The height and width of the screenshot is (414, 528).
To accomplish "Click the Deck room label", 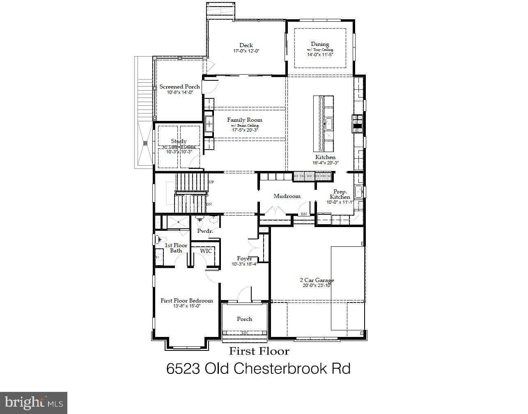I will point(246,45).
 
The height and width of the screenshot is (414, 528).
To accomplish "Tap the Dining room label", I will point(320,44).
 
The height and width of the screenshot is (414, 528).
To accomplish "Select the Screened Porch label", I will point(180,86).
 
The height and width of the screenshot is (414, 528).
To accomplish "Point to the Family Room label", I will point(245,120).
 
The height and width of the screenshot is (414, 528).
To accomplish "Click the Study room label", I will point(179,141).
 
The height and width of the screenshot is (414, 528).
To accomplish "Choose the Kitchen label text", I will point(325,157).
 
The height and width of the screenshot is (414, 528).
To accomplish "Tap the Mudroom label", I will point(287,196).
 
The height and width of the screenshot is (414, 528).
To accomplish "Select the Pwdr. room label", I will point(205,231).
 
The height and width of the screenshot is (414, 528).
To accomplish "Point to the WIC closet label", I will point(206,251).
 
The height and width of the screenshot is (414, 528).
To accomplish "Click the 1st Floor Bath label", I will point(176,248).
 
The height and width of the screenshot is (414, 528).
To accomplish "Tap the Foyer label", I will point(244,259).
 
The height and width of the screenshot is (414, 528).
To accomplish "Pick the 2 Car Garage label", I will point(317,280).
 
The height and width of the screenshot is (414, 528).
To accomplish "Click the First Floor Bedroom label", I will point(186,300).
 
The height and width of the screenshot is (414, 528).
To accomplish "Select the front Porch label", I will point(244,319).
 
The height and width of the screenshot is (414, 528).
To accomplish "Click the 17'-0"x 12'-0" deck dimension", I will point(246,51).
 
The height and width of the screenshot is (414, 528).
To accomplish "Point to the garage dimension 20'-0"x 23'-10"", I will point(317,286).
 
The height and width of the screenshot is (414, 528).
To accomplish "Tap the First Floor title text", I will point(259,351).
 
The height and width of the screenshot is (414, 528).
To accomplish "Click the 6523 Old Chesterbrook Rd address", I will point(258,369).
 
